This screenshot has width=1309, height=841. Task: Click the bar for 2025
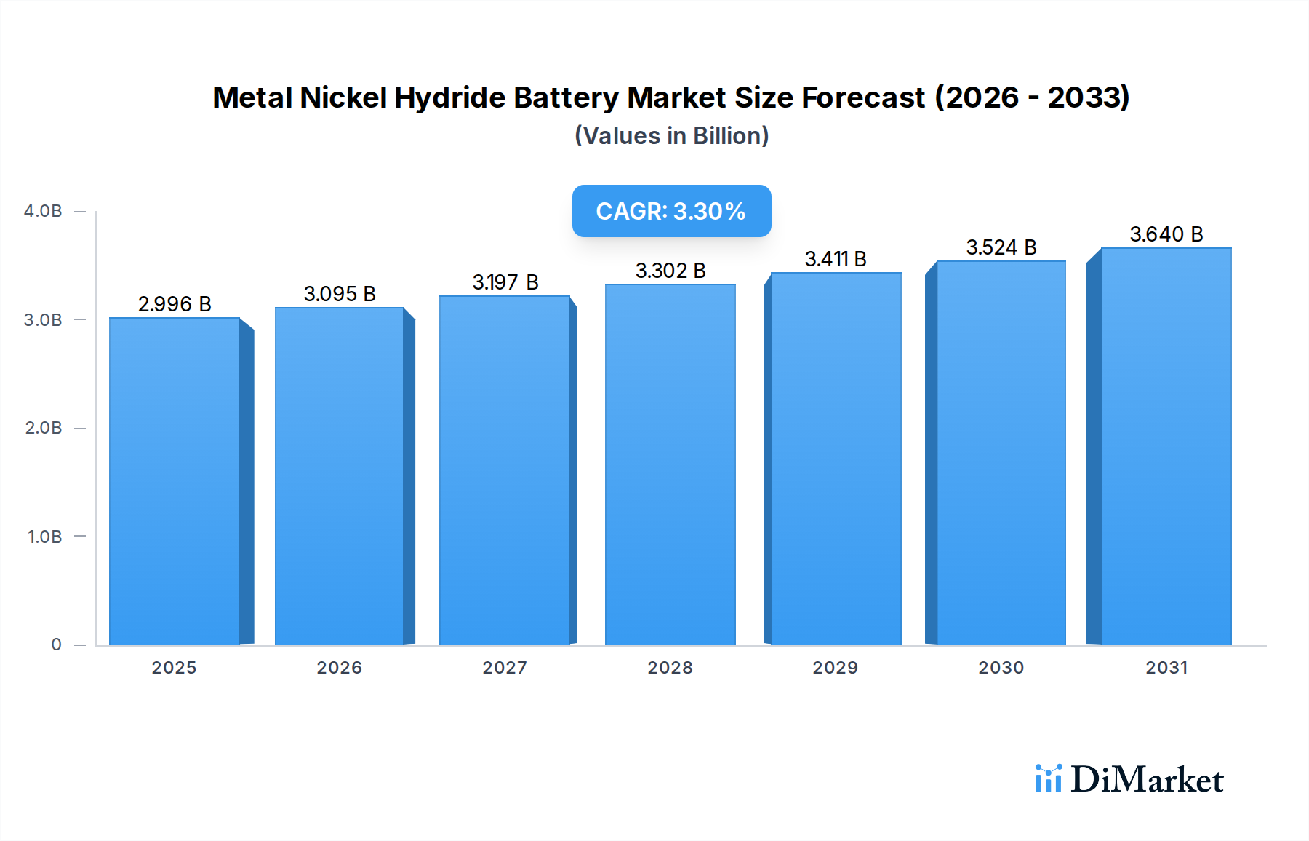(175, 480)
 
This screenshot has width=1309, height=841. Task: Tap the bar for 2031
(1166, 445)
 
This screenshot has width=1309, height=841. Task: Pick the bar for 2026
(340, 477)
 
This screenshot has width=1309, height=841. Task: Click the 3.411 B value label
(836, 259)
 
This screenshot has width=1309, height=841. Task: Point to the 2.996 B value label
(175, 304)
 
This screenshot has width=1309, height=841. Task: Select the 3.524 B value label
(1001, 247)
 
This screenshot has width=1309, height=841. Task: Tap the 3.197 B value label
(505, 282)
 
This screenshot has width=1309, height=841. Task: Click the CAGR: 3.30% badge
(671, 211)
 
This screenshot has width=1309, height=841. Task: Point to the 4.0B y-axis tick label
(43, 211)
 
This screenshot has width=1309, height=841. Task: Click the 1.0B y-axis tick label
(44, 537)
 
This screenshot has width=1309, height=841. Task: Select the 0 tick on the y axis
(56, 645)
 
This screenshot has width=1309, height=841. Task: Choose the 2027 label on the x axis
(505, 668)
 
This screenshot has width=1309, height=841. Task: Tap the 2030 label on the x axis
(1001, 668)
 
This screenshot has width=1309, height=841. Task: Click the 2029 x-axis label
(835, 668)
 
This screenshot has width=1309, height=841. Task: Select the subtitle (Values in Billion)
(671, 136)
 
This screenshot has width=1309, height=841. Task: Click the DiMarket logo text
(1147, 780)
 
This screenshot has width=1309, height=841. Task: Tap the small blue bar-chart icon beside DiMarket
(1048, 778)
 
